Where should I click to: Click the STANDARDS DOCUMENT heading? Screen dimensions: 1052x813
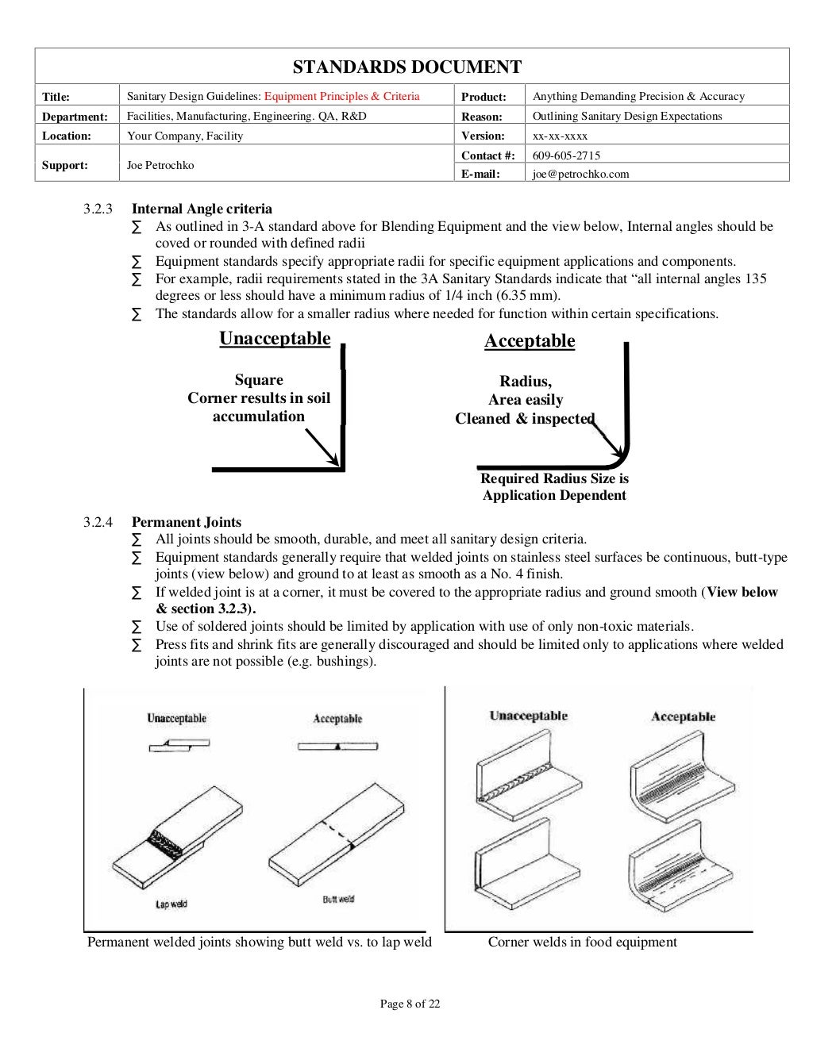pos(406,67)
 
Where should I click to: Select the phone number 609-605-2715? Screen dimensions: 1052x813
pos(566,155)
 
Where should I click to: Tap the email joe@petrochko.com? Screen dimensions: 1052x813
pos(580,174)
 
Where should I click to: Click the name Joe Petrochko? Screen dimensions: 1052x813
pos(160,165)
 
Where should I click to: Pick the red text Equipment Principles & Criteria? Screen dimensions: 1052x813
pos(341,96)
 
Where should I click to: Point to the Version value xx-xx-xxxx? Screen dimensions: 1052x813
pos(560,136)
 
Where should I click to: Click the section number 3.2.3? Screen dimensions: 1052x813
pos(98,209)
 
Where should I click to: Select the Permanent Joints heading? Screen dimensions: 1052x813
pos(187,522)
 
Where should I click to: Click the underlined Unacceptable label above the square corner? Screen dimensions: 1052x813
pos(275,339)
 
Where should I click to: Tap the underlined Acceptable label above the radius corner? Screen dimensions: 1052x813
pos(530,341)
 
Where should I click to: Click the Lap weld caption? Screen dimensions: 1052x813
pos(171,904)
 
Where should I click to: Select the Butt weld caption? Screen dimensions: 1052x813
pos(338,899)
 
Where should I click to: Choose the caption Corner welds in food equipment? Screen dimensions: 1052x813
pos(582,942)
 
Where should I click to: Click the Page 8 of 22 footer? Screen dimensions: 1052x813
pos(410,1004)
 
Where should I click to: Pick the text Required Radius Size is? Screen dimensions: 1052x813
pos(554,478)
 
